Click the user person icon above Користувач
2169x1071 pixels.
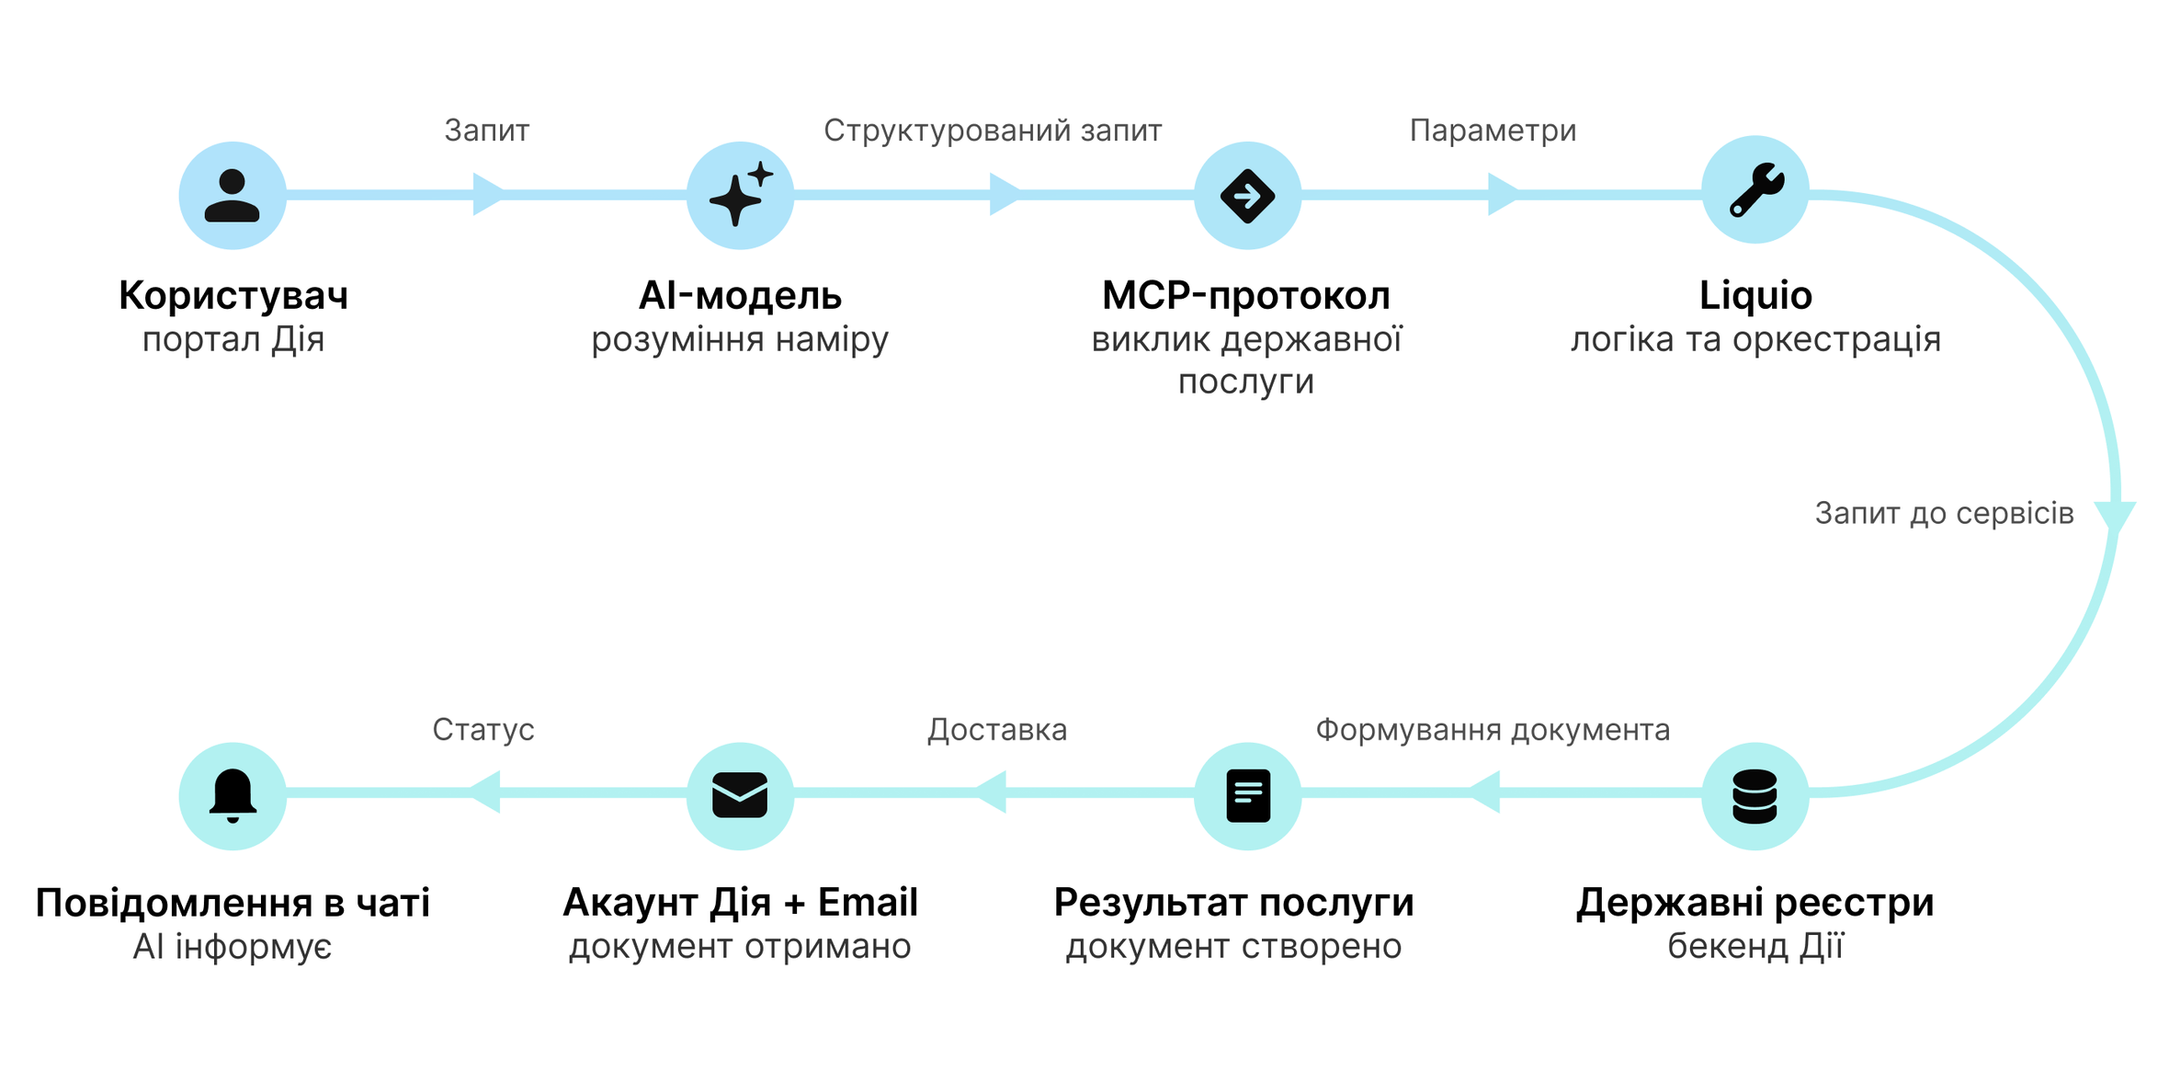pyautogui.click(x=233, y=195)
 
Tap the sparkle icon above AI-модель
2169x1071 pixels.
pyautogui.click(x=740, y=195)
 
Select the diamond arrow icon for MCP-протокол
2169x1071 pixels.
pyautogui.click(x=1247, y=195)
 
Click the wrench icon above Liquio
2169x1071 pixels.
pyautogui.click(x=1755, y=189)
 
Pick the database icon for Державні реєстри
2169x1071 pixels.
pyautogui.click(x=1755, y=796)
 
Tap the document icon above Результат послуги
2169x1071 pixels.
pyautogui.click(x=1247, y=796)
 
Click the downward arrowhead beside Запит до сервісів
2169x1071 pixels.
pyautogui.click(x=2114, y=517)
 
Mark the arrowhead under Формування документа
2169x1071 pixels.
pyautogui.click(x=1484, y=792)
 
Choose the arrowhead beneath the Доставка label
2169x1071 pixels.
pyautogui.click(x=990, y=792)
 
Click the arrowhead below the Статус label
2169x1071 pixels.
pyautogui.click(x=484, y=792)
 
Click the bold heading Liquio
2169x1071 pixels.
pyautogui.click(x=1755, y=296)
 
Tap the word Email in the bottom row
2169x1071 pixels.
pyautogui.click(x=868, y=903)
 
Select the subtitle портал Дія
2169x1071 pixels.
pyautogui.click(x=233, y=340)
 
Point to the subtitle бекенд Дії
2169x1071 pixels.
pyautogui.click(x=1755, y=947)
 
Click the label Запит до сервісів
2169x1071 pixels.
pyautogui.click(x=1944, y=513)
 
